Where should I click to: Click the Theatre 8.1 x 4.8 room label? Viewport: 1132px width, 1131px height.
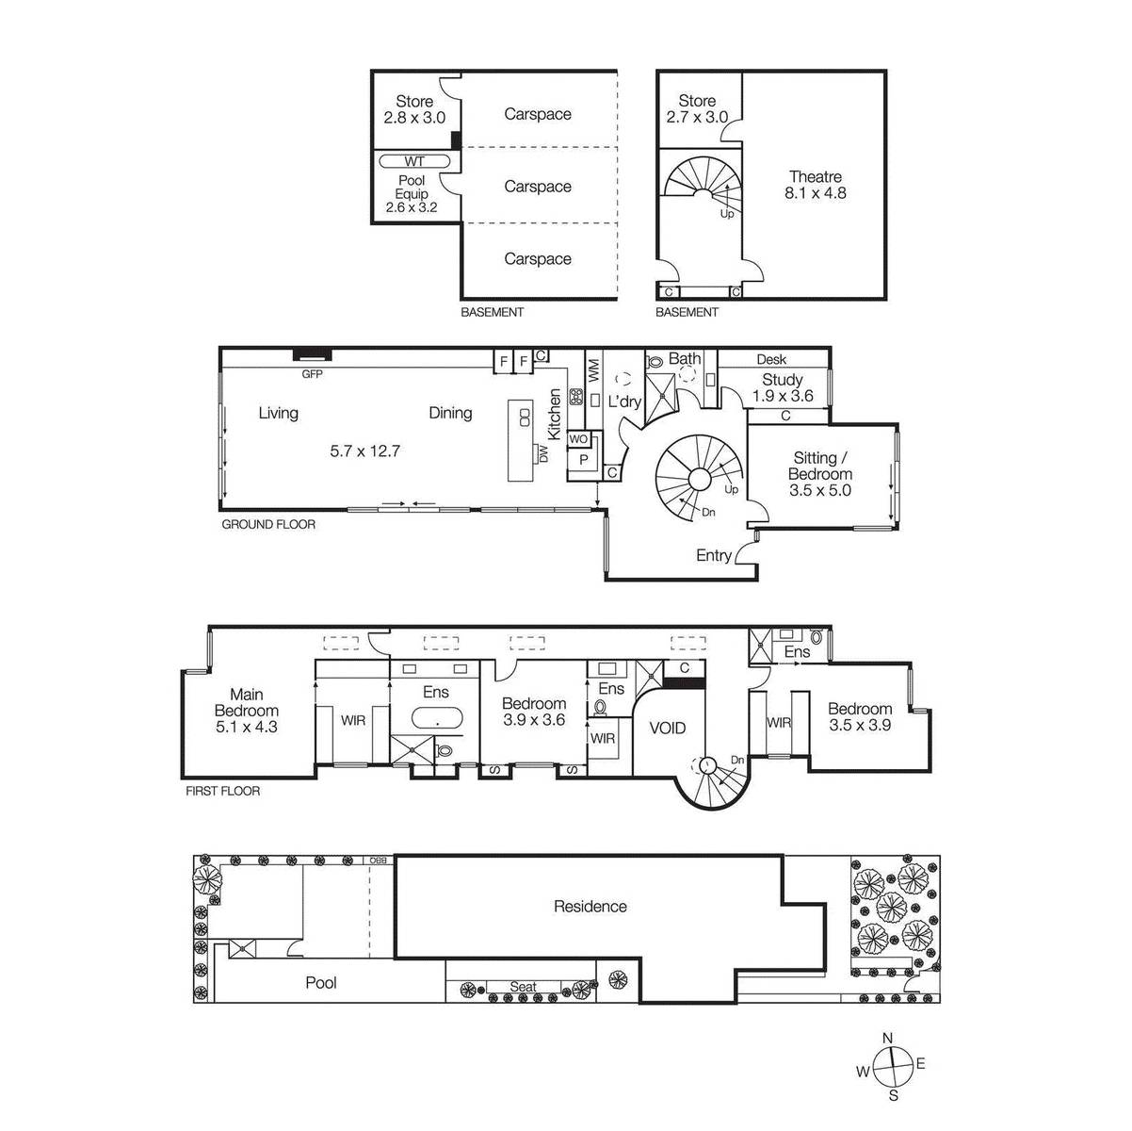(815, 185)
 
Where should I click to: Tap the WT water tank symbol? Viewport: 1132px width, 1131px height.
(414, 161)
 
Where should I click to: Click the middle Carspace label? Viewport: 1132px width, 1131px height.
(538, 187)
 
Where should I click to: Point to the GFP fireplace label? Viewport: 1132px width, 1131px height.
(312, 373)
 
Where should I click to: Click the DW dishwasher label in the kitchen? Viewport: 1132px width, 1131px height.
(543, 453)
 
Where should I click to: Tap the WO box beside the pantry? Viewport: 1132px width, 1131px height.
(578, 439)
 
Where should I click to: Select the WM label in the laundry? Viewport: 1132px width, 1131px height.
(593, 370)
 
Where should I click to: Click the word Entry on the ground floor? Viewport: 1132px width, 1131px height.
(713, 555)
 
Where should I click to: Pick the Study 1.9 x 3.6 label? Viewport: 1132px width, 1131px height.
(783, 387)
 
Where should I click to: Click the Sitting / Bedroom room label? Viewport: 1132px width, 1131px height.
(820, 473)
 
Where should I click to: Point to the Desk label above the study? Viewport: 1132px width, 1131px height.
(771, 359)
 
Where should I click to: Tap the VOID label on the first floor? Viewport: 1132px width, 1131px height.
(668, 729)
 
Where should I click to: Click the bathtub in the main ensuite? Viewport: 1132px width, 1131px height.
(437, 717)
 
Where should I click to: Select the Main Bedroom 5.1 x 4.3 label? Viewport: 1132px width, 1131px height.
(246, 711)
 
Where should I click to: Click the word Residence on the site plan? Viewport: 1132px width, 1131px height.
(590, 907)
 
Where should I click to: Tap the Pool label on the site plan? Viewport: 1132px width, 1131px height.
(321, 982)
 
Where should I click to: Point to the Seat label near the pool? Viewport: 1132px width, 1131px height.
(523, 986)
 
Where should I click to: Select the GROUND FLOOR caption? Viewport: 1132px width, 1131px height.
(268, 524)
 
